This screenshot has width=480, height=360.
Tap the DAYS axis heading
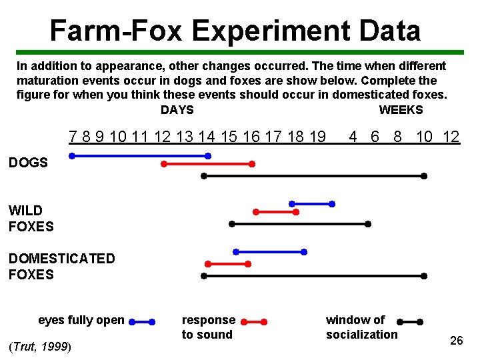[x=177, y=110]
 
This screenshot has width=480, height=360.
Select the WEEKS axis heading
[x=401, y=110]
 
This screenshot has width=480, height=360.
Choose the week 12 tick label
[x=451, y=137]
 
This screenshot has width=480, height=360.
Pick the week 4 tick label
[x=354, y=137]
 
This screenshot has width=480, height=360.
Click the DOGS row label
[x=28, y=163]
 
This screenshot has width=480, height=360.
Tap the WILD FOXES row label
[x=31, y=219]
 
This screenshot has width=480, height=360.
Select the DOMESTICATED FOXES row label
[x=61, y=267]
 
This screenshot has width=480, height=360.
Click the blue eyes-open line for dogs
[x=140, y=156]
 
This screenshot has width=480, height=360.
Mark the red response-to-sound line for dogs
[x=207, y=163]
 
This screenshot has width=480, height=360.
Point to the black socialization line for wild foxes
[x=299, y=224]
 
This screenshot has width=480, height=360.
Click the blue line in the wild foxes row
[x=311, y=204]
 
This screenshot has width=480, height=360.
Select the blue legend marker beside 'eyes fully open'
[x=141, y=321]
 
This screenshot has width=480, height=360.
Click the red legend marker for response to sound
[x=253, y=321]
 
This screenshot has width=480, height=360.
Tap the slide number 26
[x=457, y=341]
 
